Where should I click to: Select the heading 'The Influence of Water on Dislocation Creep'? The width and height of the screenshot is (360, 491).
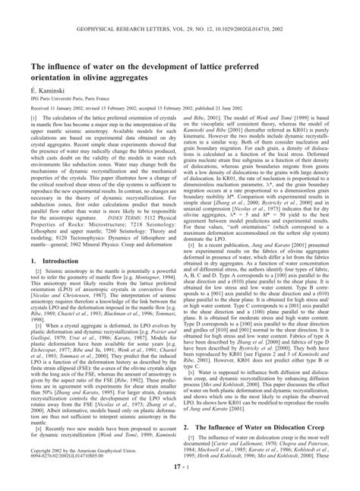click(266, 428)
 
